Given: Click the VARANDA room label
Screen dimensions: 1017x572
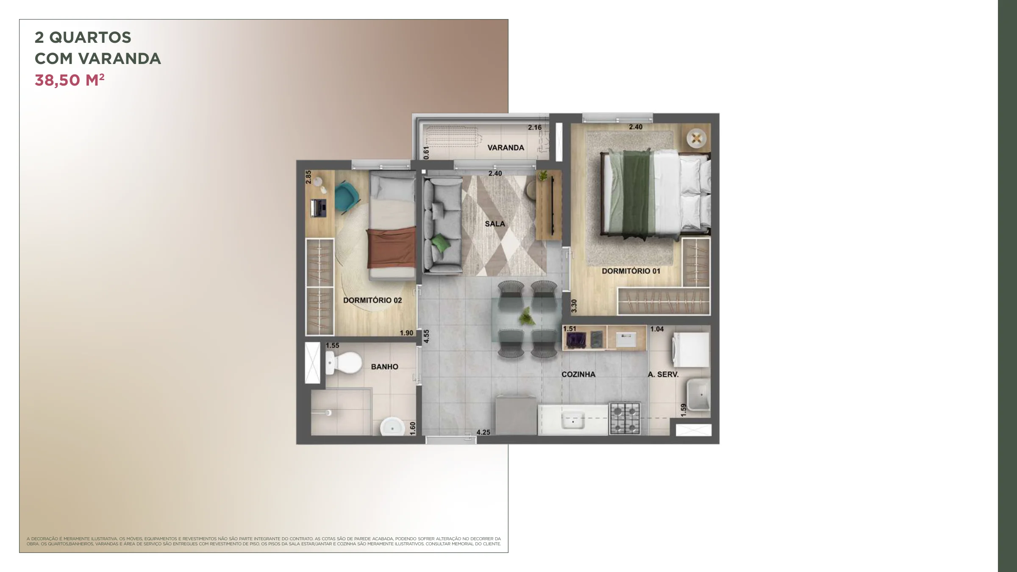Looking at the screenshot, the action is coord(506,148).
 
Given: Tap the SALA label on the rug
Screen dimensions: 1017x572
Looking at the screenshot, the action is coord(495,224).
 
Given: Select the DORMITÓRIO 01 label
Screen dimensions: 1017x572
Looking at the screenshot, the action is coord(631,271).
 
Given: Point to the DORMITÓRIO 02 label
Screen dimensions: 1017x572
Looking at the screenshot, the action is coord(372,300).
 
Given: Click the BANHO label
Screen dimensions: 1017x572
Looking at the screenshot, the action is coord(385,367).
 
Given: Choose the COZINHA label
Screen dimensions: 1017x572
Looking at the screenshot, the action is coord(578,375).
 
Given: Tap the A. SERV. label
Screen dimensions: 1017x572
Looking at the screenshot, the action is coord(663,375).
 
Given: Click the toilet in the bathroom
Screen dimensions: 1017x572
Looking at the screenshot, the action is coord(343,363).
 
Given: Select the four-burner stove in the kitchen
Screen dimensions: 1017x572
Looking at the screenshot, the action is coord(625,418).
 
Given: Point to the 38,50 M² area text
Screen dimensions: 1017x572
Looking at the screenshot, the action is coord(69,80).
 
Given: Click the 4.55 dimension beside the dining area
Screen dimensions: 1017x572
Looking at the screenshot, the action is coord(426,336).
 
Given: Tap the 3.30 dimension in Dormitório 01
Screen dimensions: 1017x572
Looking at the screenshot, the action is coord(574,306).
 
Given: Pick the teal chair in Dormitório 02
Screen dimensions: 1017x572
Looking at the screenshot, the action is coord(347,197).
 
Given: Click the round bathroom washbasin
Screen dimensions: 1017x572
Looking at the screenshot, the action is coord(392,427).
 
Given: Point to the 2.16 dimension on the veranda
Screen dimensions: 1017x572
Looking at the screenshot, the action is coord(535,128).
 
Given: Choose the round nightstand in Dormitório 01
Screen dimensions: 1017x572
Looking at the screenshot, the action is coord(696,138).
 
